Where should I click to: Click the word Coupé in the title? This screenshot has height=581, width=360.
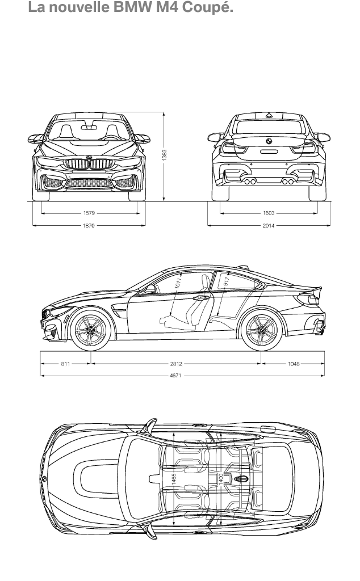tap(210, 7)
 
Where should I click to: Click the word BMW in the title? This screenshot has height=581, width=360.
tap(133, 7)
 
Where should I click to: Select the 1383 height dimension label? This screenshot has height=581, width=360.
tap(164, 155)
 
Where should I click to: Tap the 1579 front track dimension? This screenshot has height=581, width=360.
tap(89, 213)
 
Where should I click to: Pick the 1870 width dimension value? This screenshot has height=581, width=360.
tap(89, 225)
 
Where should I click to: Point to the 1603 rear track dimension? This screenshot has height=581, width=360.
tap(269, 213)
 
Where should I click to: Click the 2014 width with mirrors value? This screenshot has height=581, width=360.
tap(269, 225)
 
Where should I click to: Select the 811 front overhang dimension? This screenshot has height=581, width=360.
tap(65, 364)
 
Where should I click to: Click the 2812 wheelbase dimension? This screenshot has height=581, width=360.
tap(175, 364)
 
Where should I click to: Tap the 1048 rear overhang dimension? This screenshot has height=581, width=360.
tap(293, 364)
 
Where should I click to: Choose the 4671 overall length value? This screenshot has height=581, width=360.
tap(175, 376)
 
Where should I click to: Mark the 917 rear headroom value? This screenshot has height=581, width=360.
tap(227, 280)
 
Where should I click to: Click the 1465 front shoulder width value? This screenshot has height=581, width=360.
tap(174, 479)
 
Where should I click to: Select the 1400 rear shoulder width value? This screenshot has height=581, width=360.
tap(220, 479)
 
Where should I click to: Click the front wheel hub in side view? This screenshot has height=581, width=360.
tap(90, 330)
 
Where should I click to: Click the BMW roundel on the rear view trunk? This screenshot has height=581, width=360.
tap(269, 141)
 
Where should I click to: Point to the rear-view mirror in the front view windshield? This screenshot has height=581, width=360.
tap(89, 127)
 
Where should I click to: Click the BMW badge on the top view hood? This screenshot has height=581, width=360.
tap(44, 479)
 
